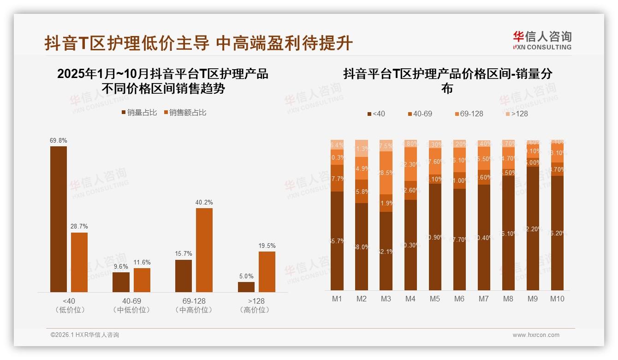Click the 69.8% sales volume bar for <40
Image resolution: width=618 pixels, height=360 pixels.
[x=59, y=219]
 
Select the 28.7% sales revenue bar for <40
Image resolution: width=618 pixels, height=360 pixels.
[x=79, y=262]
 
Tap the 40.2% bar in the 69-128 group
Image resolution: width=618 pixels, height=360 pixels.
[x=204, y=250]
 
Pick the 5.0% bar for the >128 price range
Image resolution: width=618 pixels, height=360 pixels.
[x=246, y=287]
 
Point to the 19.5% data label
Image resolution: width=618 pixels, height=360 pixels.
[x=267, y=246]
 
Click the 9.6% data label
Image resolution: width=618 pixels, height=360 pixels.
[x=121, y=266]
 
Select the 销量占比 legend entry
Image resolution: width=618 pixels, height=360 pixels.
[x=139, y=113]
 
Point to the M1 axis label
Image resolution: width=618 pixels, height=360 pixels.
[x=337, y=299]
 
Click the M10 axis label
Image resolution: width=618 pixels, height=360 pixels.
[x=557, y=299]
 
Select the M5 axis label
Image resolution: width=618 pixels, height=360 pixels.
[x=435, y=299]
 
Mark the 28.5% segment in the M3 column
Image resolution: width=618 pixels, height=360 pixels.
[x=386, y=173]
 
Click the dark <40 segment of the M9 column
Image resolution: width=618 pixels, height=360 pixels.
[x=533, y=228]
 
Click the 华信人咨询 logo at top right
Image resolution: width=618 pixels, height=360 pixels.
[x=542, y=41]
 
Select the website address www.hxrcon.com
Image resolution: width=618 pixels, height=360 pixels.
[x=536, y=335]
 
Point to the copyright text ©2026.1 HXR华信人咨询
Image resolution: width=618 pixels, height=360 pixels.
[x=85, y=335]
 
